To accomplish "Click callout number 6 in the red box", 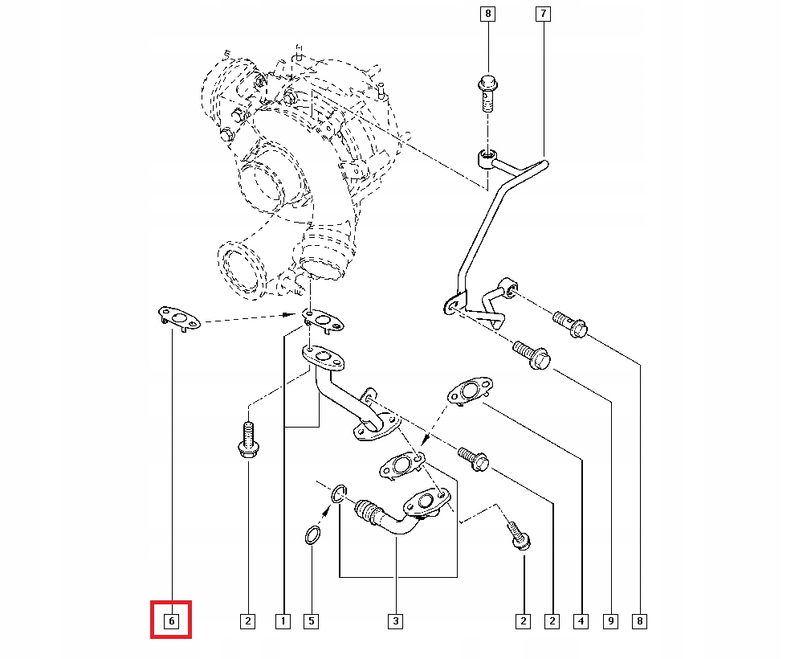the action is pos(172,621).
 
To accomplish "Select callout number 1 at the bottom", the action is pos(283,621).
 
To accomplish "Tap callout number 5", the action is pos(312,621).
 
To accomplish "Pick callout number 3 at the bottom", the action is pos(395,621).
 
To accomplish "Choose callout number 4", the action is pos(581,621).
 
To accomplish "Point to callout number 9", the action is pos(610,621).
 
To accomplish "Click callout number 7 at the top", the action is pos(543,14).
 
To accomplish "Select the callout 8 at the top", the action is pos(487,14).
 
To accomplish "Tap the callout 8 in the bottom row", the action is pos(640,621).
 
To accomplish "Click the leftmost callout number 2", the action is pos(248,621).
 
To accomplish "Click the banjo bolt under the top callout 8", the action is pos(488,93).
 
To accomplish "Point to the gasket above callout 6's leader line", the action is pos(179,319).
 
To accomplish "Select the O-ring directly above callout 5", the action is pos(313,537).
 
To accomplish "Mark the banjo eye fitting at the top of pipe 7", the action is pos(487,158).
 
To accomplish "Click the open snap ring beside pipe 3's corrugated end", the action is pos(339,493).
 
